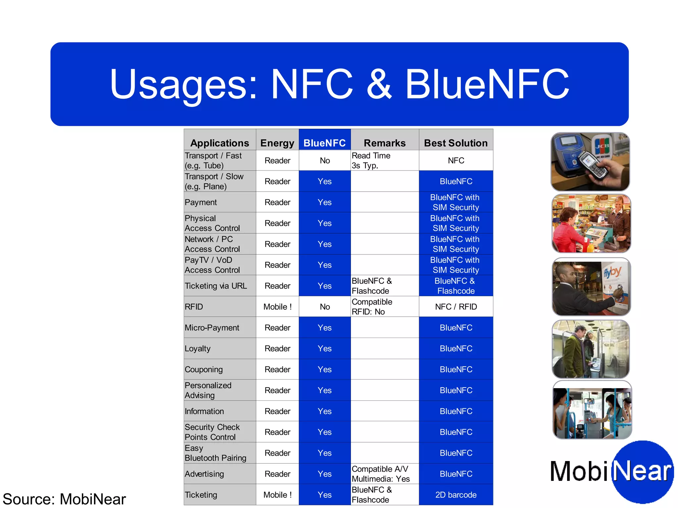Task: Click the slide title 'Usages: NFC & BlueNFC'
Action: (x=339, y=84)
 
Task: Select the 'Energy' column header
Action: (x=277, y=143)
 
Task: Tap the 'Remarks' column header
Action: (x=384, y=143)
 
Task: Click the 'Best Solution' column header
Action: (x=456, y=143)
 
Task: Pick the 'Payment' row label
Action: (x=201, y=202)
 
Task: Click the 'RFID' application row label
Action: (x=194, y=307)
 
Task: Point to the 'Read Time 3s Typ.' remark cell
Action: (x=371, y=161)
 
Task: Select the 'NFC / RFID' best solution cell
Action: (x=456, y=307)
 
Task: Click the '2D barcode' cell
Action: (x=456, y=495)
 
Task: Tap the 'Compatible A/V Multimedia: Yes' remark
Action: (x=381, y=474)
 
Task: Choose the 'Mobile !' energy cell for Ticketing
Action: (x=277, y=495)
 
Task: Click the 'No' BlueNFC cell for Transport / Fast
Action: (x=324, y=161)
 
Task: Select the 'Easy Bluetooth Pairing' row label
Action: (x=215, y=453)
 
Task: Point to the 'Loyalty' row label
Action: (x=198, y=348)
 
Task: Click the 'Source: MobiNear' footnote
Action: (x=64, y=499)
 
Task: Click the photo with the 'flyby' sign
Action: (x=591, y=287)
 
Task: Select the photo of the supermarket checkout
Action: (x=591, y=224)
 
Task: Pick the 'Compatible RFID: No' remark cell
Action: (x=372, y=307)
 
